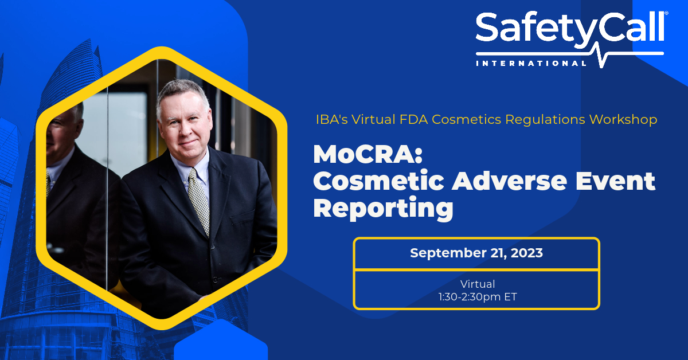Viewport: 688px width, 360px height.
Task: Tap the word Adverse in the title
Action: coord(509,181)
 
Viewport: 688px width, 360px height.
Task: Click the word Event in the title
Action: coord(615,181)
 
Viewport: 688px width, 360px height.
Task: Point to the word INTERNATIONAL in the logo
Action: coord(531,63)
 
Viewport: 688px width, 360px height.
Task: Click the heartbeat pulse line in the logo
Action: coord(601,54)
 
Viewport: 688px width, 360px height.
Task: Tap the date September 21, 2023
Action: coord(476,253)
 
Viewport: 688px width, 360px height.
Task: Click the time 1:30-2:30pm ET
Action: coord(478,297)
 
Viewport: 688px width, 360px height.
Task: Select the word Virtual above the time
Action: coord(478,284)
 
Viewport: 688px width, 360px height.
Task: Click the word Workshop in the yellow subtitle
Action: coord(623,119)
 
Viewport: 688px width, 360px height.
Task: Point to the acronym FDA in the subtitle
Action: coord(414,119)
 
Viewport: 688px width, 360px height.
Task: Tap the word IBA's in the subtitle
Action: coord(332,119)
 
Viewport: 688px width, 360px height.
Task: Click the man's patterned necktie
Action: coord(200,201)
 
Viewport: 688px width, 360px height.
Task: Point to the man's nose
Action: coord(186,129)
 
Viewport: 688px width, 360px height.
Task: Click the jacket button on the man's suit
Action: coord(213,246)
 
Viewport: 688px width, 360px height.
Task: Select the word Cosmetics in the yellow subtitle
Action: coord(466,119)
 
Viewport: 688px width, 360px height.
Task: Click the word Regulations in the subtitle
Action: coord(545,119)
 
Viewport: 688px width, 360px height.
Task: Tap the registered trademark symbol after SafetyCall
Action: coord(666,13)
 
